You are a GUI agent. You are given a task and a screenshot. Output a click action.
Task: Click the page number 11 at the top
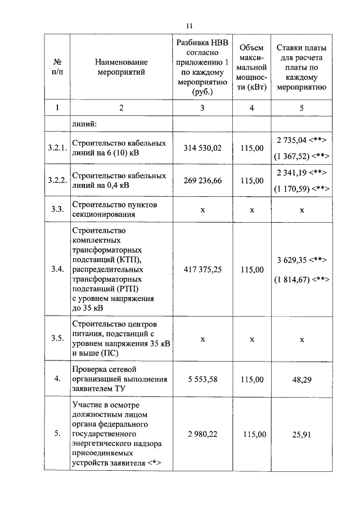point(189,25)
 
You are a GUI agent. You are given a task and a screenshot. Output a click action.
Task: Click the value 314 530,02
point(203,148)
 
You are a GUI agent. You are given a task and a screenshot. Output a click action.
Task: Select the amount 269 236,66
point(203,181)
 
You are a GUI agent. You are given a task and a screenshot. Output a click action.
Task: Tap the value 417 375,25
point(203,269)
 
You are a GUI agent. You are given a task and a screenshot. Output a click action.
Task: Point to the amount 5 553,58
point(203,379)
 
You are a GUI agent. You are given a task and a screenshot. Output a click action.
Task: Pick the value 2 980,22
point(203,434)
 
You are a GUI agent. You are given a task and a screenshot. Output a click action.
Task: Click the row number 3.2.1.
point(57,148)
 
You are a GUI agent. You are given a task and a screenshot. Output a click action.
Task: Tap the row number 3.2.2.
point(57,181)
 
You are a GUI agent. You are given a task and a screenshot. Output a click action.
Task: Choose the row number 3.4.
point(57,269)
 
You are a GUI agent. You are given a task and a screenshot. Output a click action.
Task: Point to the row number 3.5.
point(57,339)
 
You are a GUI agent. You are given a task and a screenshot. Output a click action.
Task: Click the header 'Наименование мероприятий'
point(120,66)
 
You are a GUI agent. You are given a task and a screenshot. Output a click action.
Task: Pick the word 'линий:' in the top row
point(84,122)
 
